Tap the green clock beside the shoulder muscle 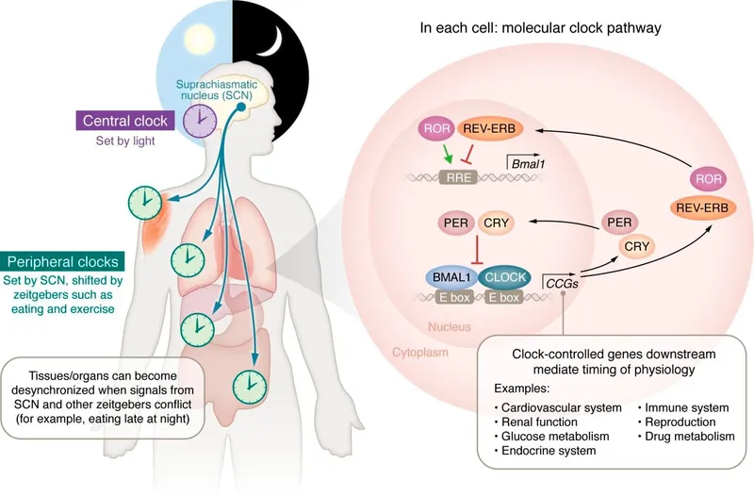click(143, 200)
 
